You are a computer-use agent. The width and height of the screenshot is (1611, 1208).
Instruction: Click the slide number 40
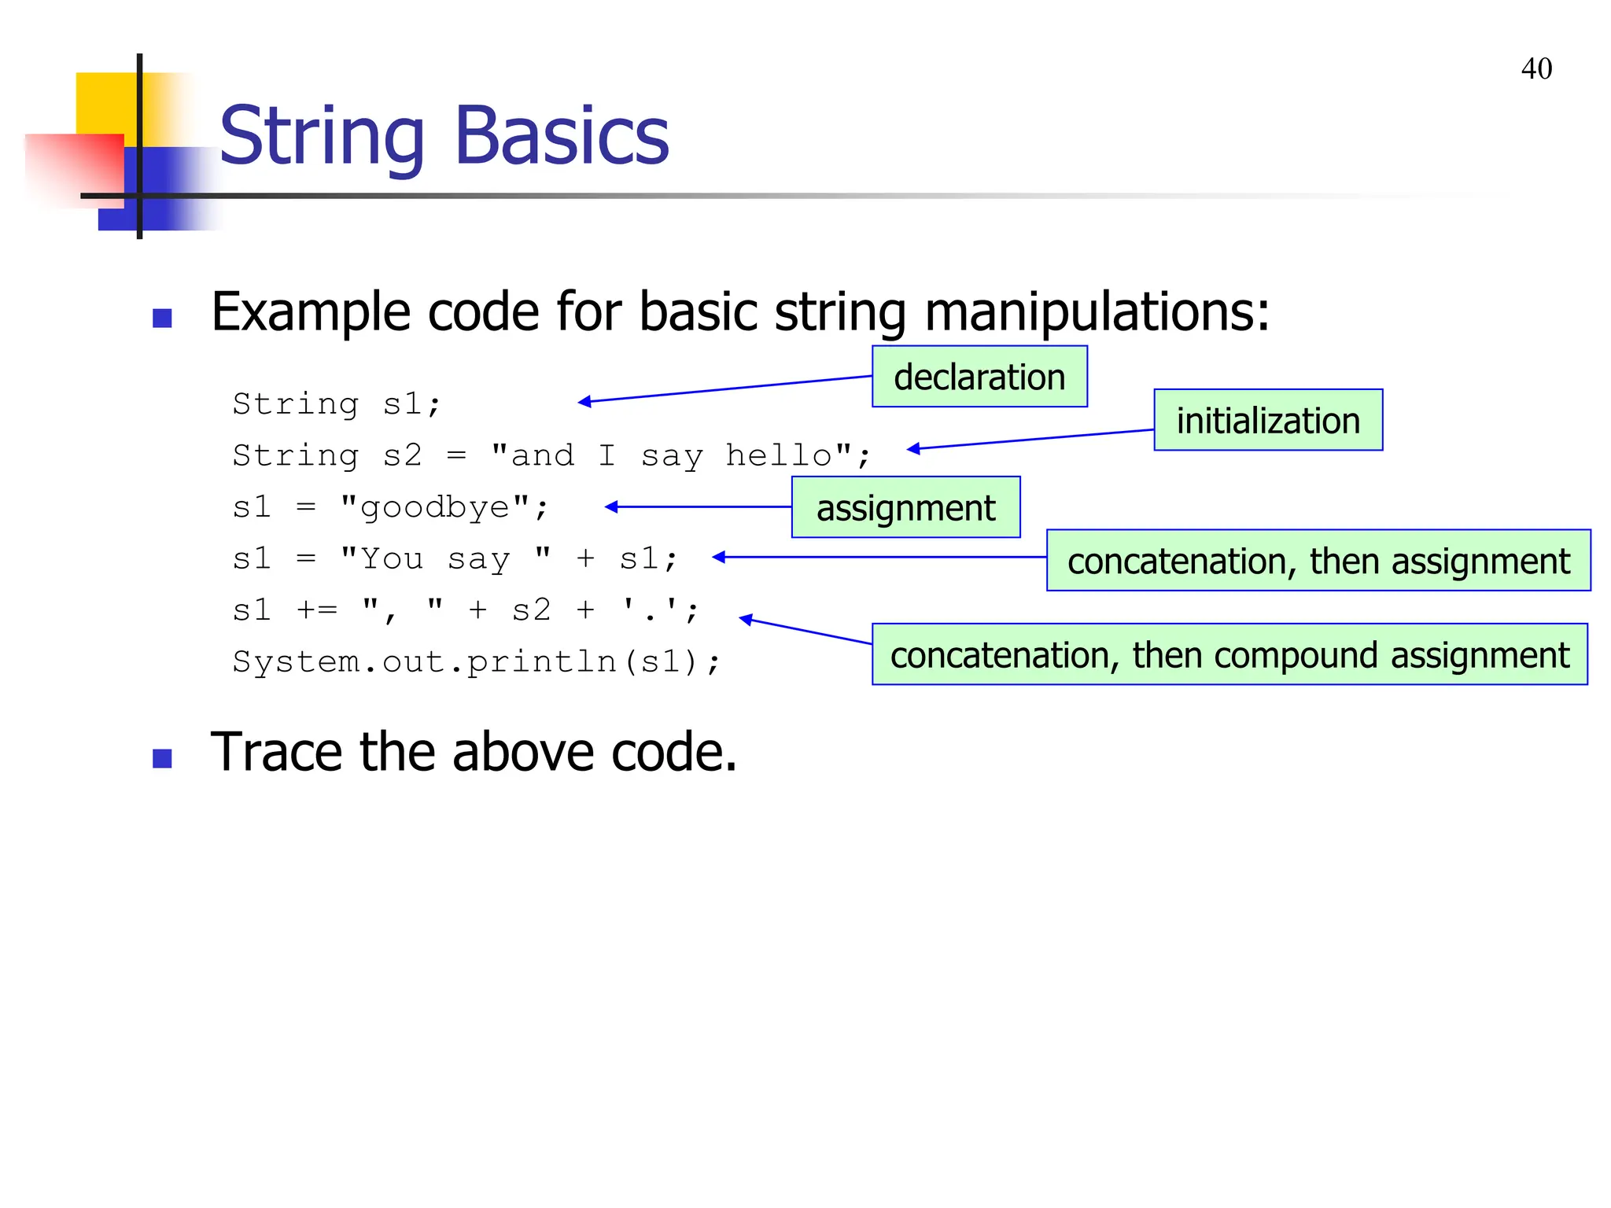coord(1535,69)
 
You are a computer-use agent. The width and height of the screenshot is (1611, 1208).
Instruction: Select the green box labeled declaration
coord(979,377)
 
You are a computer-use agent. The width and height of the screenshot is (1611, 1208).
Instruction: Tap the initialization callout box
coord(1267,420)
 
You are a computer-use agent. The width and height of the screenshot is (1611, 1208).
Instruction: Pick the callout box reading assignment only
coord(905,507)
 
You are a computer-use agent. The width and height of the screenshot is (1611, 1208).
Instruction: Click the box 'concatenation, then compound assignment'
coord(1229,654)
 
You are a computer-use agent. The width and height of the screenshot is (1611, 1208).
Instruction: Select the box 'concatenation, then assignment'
coord(1318,561)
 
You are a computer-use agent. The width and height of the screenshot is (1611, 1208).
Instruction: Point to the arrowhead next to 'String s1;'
coord(584,402)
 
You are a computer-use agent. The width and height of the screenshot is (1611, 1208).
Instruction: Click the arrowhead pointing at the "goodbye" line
coord(611,507)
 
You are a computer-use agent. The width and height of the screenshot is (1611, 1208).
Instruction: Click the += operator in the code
coord(317,610)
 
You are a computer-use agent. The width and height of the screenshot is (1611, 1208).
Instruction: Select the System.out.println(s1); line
coord(476,661)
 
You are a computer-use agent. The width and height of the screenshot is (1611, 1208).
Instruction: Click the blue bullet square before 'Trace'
coord(162,758)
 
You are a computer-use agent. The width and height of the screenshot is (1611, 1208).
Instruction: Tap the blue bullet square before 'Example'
coord(162,318)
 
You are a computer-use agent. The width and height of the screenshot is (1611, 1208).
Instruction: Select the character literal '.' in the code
coord(651,610)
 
